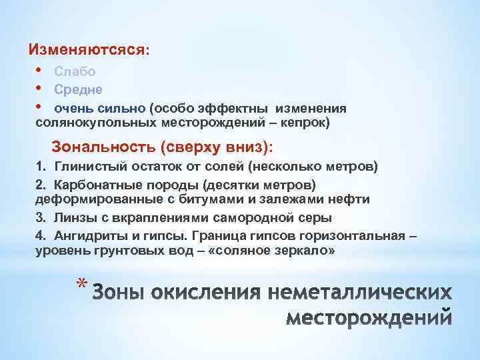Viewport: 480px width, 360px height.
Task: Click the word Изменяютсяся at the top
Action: tap(86, 50)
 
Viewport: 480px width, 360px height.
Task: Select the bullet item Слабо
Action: tap(75, 71)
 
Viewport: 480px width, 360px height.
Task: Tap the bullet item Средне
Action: tap(79, 89)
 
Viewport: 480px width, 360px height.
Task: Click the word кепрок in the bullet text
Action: tap(305, 123)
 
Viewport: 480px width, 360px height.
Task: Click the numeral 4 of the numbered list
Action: tap(39, 235)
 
